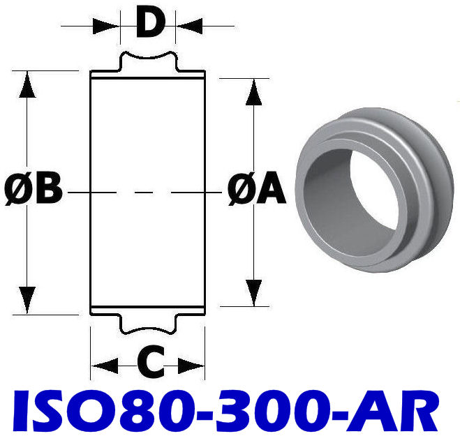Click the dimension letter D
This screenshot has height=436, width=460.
(x=149, y=23)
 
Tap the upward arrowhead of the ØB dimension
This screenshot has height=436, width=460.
(x=27, y=84)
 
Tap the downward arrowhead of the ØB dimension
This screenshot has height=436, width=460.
(x=27, y=300)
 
